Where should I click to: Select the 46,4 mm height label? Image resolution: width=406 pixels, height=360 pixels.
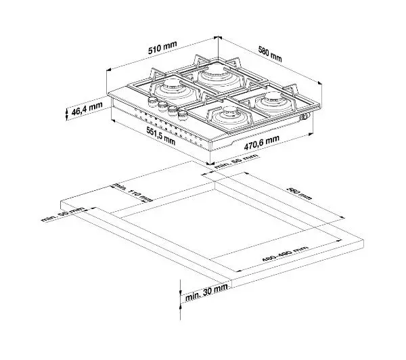click(86, 110)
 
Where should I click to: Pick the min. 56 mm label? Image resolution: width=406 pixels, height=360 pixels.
click(236, 160)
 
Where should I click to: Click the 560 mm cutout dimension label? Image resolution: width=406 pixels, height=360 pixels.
click(297, 193)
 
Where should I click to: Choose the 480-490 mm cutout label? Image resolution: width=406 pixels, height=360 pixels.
click(284, 256)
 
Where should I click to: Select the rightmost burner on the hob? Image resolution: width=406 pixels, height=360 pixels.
click(273, 102)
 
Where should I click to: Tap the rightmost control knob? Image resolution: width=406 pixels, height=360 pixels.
click(181, 113)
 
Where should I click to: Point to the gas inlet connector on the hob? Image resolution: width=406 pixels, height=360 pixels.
click(307, 117)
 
